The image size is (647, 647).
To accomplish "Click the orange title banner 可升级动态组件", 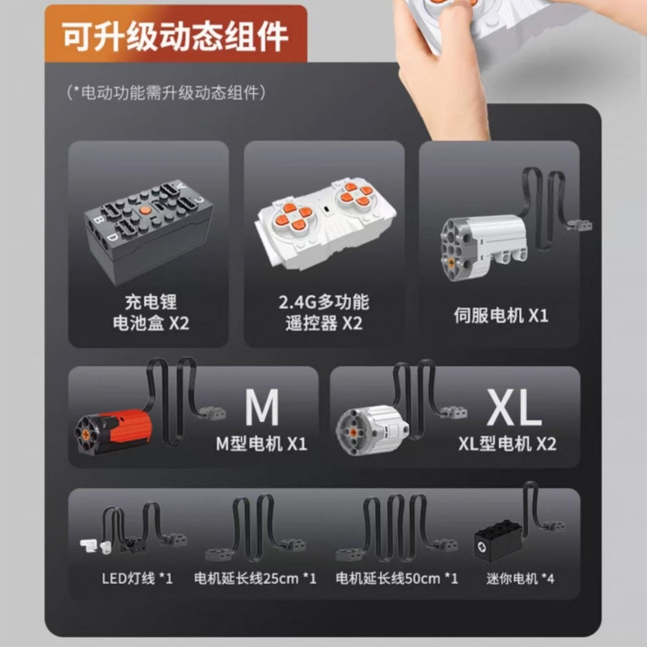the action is pyautogui.click(x=175, y=34).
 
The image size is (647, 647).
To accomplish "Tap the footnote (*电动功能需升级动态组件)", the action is pyautogui.click(x=166, y=92).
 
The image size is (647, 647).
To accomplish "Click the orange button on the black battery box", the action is pyautogui.click(x=145, y=210).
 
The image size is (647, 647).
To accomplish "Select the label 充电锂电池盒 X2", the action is pyautogui.click(x=151, y=312).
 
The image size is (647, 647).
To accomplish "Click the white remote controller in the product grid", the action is pyautogui.click(x=326, y=223).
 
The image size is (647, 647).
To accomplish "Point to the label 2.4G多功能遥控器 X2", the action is pyautogui.click(x=324, y=312).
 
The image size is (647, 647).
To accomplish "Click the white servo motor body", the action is pyautogui.click(x=484, y=247).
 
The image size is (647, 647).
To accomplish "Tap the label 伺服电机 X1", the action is pyautogui.click(x=501, y=315).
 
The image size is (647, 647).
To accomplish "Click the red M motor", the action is pyautogui.click(x=113, y=432).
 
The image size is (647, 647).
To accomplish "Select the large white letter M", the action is pyautogui.click(x=262, y=407).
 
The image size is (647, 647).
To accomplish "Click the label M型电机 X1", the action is pyautogui.click(x=261, y=444).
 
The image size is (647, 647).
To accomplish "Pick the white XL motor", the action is pyautogui.click(x=372, y=429).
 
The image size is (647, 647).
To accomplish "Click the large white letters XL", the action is pyautogui.click(x=514, y=407).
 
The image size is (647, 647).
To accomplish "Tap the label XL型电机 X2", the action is pyautogui.click(x=508, y=444).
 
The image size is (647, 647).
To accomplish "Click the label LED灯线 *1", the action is pyautogui.click(x=137, y=578).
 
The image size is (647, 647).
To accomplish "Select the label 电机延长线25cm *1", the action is pyautogui.click(x=256, y=578).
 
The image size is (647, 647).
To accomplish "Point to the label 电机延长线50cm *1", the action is pyautogui.click(x=397, y=578).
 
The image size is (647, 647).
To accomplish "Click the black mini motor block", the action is pyautogui.click(x=498, y=540).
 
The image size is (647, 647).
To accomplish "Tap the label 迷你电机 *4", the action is pyautogui.click(x=520, y=578).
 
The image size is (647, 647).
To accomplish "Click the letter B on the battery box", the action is pyautogui.click(x=98, y=218).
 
